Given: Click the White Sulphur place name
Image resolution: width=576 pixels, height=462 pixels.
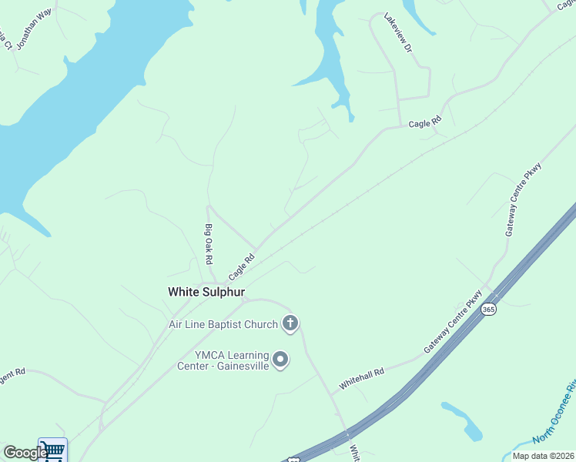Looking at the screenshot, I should [206, 292].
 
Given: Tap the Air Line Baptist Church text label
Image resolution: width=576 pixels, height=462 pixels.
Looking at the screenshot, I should [223, 324].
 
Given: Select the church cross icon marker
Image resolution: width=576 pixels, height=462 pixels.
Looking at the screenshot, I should [290, 323].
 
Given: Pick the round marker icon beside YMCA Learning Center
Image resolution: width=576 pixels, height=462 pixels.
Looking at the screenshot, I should [281, 360].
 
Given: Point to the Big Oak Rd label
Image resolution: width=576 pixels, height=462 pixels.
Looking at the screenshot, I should [208, 243].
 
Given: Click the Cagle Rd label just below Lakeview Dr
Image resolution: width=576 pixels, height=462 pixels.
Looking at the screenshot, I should [425, 123].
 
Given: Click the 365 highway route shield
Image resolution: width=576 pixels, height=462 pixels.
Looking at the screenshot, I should [488, 309].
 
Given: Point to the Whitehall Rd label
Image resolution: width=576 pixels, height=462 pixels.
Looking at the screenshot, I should [362, 377].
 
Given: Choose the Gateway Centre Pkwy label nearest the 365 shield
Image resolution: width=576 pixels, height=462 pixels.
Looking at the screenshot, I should [454, 322].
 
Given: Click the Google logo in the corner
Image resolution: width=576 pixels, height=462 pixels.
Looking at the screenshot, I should [25, 453].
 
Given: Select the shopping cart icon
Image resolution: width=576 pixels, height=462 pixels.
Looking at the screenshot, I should [52, 450].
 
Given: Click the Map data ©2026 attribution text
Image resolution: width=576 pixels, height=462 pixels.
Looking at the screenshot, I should [544, 456].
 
